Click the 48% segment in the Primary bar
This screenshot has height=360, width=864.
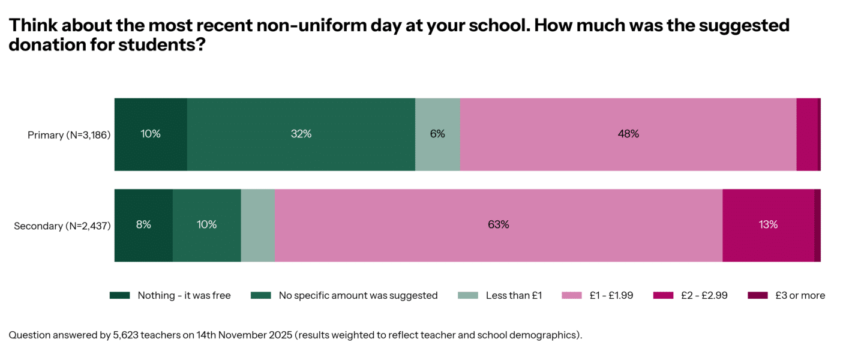coord(628,134)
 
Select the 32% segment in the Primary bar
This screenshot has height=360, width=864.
coord(301,134)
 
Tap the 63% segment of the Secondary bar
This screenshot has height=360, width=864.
coord(499,225)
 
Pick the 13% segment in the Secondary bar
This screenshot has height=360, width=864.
coord(768,225)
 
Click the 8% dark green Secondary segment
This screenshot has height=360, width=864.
coord(143,225)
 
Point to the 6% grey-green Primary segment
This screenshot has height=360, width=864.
coord(437,134)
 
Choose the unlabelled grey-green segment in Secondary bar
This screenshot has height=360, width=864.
coord(258,225)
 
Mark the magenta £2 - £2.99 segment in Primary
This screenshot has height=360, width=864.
coord(806,134)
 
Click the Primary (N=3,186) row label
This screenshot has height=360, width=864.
coord(69,135)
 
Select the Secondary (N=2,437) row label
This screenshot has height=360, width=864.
coord(62,226)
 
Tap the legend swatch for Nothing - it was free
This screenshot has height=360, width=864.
coord(119,295)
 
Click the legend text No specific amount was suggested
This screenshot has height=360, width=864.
coord(358,295)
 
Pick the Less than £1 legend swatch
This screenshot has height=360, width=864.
coord(468,295)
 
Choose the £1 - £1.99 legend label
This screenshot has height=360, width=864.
coord(611,295)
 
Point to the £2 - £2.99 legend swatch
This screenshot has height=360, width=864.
coord(663,295)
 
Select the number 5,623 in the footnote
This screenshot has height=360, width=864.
coord(125,335)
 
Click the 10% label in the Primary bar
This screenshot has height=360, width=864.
coord(151,134)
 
